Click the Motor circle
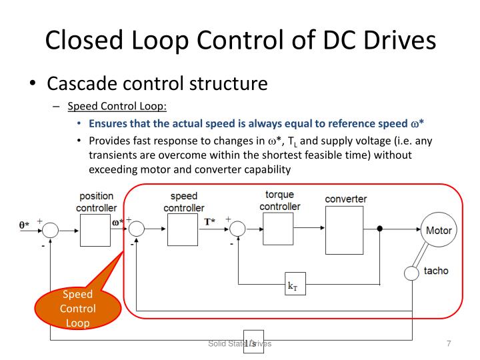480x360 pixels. pos(438,231)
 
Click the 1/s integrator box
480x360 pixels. pos(253,341)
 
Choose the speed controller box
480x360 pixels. pos(183,230)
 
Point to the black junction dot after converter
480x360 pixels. pos(380,230)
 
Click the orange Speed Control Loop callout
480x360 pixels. pos(78,309)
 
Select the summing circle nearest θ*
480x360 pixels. pos(50,230)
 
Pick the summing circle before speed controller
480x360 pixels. pos(136,230)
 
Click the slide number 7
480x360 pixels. pos(449,343)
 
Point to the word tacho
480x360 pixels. pos(437,271)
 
